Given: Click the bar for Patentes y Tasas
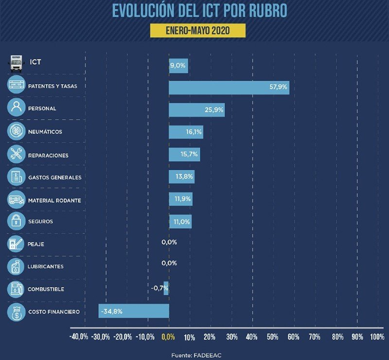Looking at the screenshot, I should (x=229, y=88).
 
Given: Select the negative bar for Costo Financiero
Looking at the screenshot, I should (x=134, y=311).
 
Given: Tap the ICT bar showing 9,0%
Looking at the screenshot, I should (x=178, y=66).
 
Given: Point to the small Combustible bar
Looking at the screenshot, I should (x=166, y=288).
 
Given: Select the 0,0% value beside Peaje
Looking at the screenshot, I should (x=169, y=242).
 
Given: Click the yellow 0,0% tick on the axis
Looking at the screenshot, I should (x=168, y=337).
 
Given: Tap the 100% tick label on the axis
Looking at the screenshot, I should (x=377, y=337).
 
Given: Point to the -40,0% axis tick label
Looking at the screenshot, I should (x=79, y=337).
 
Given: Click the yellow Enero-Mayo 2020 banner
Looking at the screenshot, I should (x=197, y=30).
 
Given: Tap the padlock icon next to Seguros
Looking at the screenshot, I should (x=16, y=221).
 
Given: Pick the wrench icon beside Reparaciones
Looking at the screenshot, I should (x=16, y=155).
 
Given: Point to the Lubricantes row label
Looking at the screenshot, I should (x=46, y=267).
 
